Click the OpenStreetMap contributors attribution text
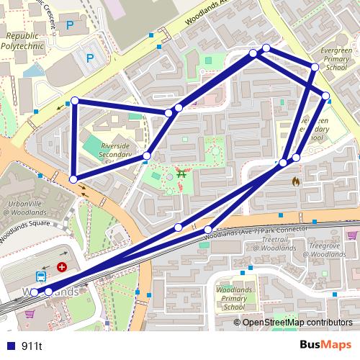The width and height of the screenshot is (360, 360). [297, 323]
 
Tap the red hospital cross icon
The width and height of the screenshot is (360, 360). [62, 266]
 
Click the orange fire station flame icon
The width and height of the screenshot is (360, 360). [295, 183]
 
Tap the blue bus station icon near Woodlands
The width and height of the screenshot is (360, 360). [41, 275]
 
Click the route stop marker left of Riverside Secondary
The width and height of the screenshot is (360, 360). [73, 179]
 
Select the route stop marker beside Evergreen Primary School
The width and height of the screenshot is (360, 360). [315, 67]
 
